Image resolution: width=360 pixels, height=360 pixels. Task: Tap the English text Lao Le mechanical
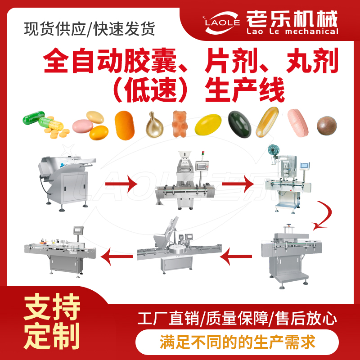tap(292, 31)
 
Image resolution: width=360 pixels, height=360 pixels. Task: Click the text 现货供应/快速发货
tap(90, 29)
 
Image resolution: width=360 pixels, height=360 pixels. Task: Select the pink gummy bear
tap(180, 124)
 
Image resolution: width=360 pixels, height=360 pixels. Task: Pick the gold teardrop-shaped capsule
tap(154, 125)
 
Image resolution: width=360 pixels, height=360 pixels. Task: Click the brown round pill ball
tap(327, 126)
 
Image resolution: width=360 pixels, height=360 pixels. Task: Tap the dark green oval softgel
tap(239, 124)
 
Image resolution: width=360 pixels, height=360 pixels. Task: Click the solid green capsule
tap(33, 117)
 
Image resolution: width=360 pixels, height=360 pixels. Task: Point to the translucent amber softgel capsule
tap(267, 122)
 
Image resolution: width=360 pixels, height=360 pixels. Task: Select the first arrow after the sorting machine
tap(121, 184)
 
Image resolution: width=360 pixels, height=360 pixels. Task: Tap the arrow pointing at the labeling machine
tap(117, 256)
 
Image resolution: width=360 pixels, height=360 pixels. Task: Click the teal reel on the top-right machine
tap(273, 150)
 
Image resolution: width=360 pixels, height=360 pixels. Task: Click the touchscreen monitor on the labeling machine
tap(78, 230)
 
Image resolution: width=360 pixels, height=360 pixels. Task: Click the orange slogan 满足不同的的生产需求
tap(238, 342)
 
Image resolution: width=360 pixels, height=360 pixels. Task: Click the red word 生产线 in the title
tap(245, 90)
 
